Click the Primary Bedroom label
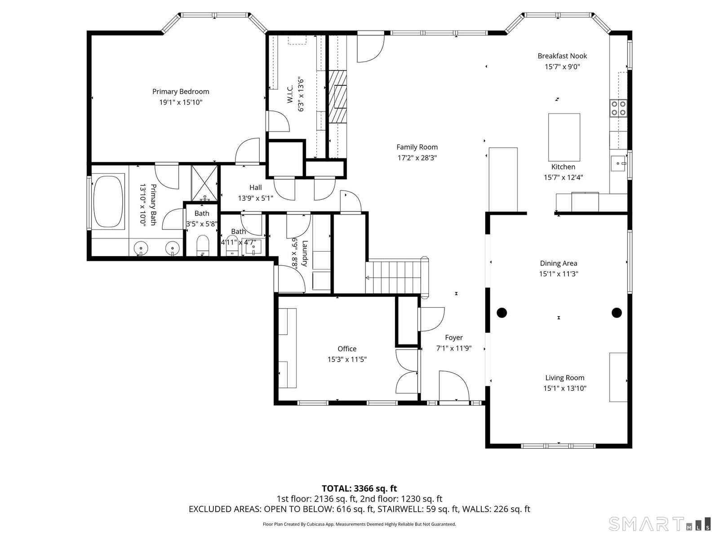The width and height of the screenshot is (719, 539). (x=181, y=92)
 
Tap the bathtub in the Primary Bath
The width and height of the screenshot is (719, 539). (x=108, y=202)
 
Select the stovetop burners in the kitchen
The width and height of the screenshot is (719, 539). (x=618, y=108)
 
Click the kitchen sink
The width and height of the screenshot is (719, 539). (x=618, y=163)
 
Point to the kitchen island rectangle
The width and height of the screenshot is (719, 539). (x=564, y=137)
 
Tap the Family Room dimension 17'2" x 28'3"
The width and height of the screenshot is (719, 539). (x=417, y=158)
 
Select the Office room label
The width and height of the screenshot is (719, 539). (x=347, y=349)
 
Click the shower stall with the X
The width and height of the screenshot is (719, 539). (x=204, y=183)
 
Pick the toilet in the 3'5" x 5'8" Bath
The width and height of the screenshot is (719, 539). (x=203, y=245)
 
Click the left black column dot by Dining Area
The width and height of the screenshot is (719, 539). (x=502, y=313)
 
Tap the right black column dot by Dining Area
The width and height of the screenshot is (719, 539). (x=617, y=313)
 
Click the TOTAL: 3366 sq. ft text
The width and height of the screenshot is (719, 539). (x=359, y=489)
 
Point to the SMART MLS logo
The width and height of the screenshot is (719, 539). (x=660, y=524)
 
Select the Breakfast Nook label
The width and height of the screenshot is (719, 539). (x=562, y=56)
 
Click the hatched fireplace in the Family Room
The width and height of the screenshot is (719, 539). (x=337, y=97)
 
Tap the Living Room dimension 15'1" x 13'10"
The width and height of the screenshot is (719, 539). (x=565, y=389)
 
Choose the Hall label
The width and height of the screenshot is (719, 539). (x=256, y=187)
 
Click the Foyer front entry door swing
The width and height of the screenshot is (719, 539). (x=454, y=385)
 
